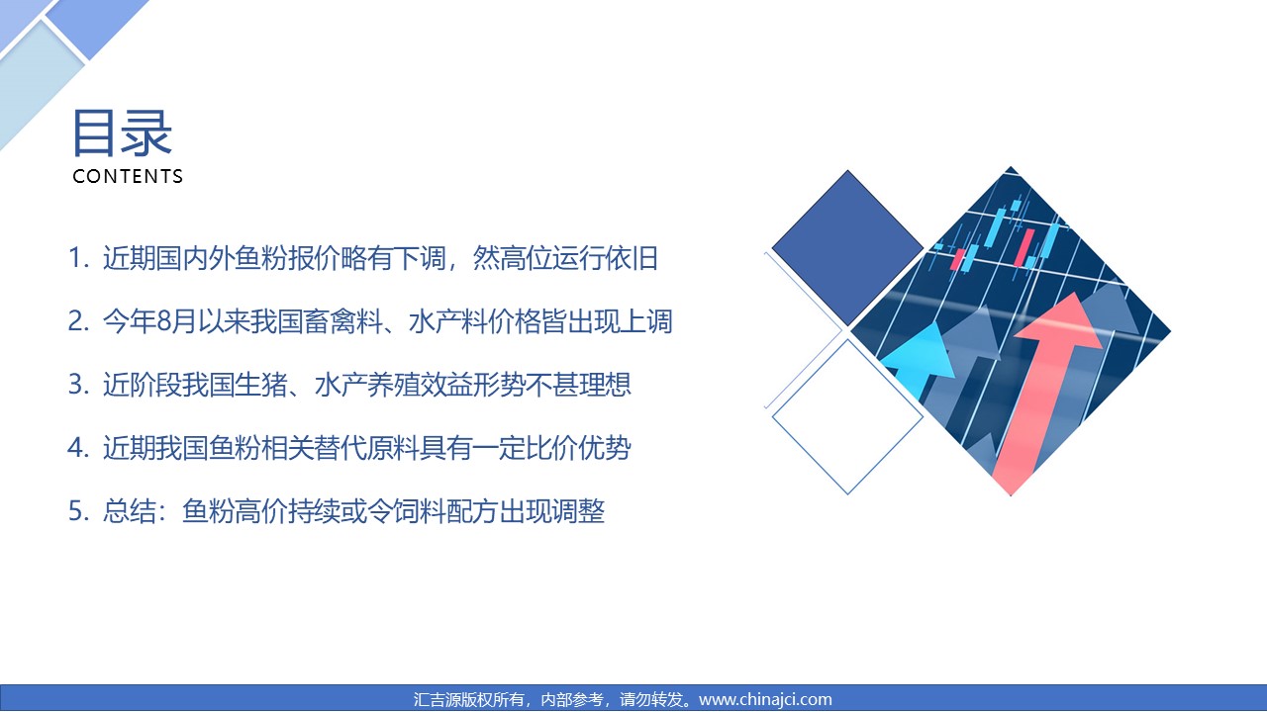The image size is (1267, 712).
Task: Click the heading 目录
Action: coord(122,133)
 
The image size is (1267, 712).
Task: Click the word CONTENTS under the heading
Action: coord(128,176)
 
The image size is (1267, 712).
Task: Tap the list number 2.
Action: coord(78,321)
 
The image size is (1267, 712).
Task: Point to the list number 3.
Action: coord(78,385)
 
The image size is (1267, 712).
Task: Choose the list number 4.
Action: coord(78,448)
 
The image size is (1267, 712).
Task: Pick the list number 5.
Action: coord(78,511)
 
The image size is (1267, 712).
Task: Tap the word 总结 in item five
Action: coord(130,511)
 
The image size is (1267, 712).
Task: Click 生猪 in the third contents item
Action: coord(261,385)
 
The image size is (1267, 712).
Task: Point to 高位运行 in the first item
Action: coord(552,258)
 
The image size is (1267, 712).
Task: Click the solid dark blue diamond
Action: coord(847,247)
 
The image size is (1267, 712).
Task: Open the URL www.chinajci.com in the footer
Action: coord(765,699)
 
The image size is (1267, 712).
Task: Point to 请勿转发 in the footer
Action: coord(651,699)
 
